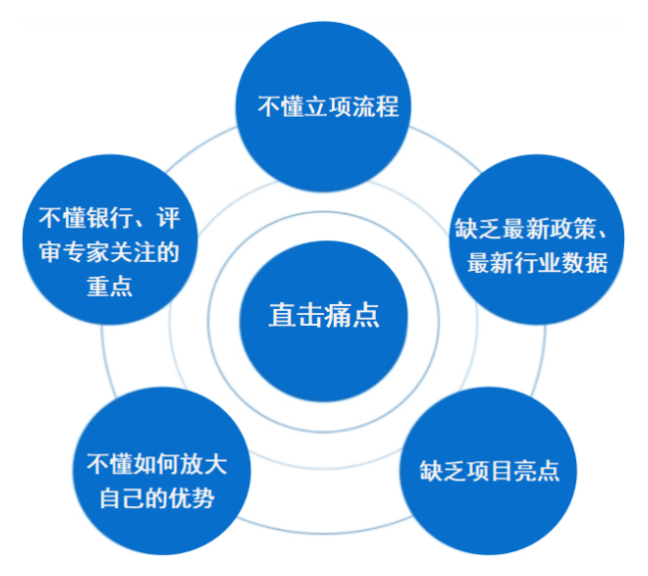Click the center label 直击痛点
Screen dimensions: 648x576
pyautogui.click(x=324, y=315)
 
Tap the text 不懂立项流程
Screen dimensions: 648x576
pyautogui.click(x=329, y=107)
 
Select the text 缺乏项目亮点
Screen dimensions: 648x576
pyautogui.click(x=489, y=470)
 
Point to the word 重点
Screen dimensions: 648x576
pyautogui.click(x=110, y=286)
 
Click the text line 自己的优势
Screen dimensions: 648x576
pyautogui.click(x=158, y=498)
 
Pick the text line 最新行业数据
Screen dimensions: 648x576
pyautogui.click(x=537, y=262)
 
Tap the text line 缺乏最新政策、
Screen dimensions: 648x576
pyautogui.click(x=531, y=228)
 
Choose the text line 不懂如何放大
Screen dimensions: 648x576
pyautogui.click(x=158, y=463)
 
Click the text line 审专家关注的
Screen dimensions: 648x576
pyautogui.click(x=110, y=252)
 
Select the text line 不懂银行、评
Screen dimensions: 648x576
pyautogui.click(x=110, y=218)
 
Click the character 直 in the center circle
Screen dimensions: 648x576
pyautogui.click(x=283, y=315)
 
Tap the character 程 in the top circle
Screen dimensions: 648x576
pyautogui.click(x=388, y=107)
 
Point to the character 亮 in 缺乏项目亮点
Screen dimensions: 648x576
pyautogui.click(x=525, y=470)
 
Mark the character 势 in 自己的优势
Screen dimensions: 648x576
pyautogui.click(x=203, y=498)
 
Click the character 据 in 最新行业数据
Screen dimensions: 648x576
pyautogui.click(x=597, y=262)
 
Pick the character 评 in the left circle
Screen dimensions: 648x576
pyautogui.click(x=168, y=218)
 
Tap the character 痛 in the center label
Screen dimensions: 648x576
pyautogui.click(x=338, y=315)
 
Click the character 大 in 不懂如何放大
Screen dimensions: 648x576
pyautogui.click(x=215, y=463)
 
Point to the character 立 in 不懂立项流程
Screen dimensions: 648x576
pyautogui.click(x=317, y=107)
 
